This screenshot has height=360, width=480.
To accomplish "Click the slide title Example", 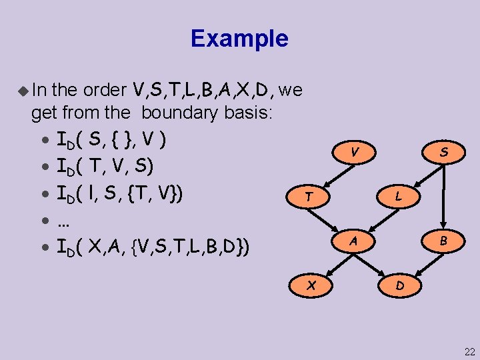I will tap(239, 38).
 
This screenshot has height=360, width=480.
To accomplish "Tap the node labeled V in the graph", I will tap(357, 153).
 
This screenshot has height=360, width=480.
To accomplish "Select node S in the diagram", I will tap(443, 153).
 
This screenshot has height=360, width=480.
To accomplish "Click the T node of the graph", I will tap(308, 197).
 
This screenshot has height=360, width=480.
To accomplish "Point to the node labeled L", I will tap(398, 197).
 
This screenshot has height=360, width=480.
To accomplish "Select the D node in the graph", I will tap(399, 285).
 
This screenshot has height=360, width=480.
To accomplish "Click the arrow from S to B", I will tap(443, 197).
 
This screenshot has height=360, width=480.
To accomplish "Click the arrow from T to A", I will tap(330, 218).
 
